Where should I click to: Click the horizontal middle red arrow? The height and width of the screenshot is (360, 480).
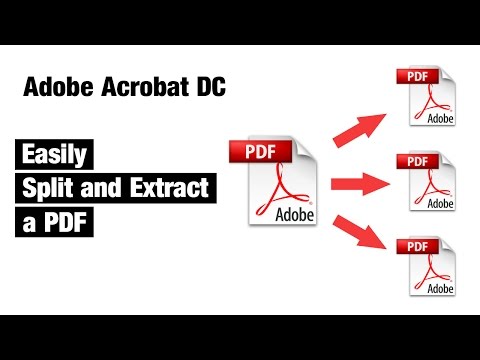[x=359, y=183]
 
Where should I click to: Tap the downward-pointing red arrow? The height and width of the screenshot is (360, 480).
[x=357, y=238]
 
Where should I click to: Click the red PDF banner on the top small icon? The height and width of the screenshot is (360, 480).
[x=416, y=74]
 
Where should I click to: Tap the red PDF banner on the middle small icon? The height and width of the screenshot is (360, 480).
[x=416, y=160]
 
